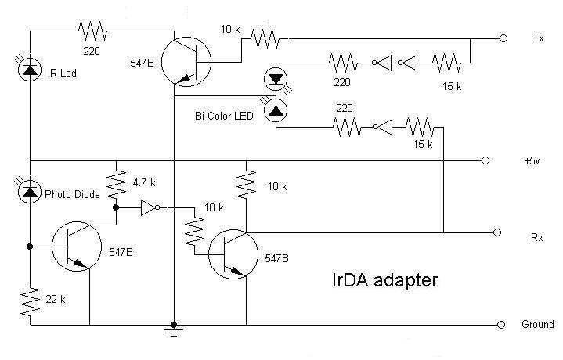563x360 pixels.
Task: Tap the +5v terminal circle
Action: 486,160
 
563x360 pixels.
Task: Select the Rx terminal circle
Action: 496,232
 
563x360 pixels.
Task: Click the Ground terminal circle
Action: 502,324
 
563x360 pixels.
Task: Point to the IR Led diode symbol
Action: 30,70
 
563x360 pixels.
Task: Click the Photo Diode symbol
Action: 30,189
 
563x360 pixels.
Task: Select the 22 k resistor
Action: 30,301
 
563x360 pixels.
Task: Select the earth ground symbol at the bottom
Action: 173,333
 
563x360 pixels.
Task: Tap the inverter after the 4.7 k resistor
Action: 148,208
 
